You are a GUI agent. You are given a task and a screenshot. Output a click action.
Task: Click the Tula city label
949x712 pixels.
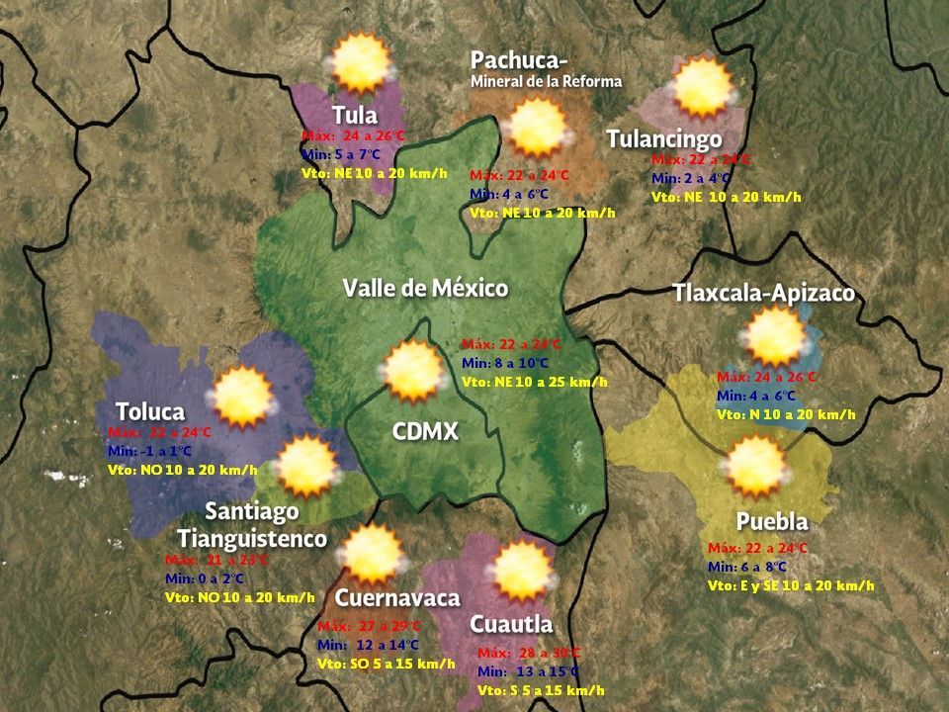pyautogui.click(x=354, y=114)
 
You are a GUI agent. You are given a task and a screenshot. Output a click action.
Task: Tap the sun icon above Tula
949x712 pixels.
pyautogui.click(x=361, y=63)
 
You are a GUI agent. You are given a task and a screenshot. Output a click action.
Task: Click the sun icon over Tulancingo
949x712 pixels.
pyautogui.click(x=703, y=88)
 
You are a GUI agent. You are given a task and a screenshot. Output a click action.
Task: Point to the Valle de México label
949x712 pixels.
pyautogui.click(x=425, y=288)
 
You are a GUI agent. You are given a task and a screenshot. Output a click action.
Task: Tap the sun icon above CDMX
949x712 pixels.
pyautogui.click(x=411, y=370)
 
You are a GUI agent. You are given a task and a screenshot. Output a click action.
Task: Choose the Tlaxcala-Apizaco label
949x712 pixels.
pyautogui.click(x=762, y=293)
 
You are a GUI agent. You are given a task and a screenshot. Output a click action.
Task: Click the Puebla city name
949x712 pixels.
pyautogui.click(x=772, y=521)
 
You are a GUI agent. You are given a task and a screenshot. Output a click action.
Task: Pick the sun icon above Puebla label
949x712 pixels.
pyautogui.click(x=756, y=466)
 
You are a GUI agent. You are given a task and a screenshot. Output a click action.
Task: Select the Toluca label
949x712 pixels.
pyautogui.click(x=149, y=410)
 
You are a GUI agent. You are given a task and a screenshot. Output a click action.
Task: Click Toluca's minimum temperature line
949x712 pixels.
pyautogui.click(x=149, y=451)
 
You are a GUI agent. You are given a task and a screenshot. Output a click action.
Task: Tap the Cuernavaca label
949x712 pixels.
pyautogui.click(x=397, y=598)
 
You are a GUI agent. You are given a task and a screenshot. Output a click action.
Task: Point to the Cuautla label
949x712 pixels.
pyautogui.click(x=510, y=624)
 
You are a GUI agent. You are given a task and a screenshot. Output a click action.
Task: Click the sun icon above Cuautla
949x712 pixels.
pyautogui.click(x=521, y=572)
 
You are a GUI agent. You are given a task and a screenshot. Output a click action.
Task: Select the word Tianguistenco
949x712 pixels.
pyautogui.click(x=252, y=538)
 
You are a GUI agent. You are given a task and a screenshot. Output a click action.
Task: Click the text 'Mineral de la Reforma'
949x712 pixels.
pyautogui.click(x=546, y=82)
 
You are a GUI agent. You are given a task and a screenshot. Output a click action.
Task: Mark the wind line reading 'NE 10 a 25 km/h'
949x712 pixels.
pyautogui.click(x=534, y=381)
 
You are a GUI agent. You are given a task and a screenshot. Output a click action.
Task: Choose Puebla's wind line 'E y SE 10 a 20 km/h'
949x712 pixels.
pyautogui.click(x=791, y=585)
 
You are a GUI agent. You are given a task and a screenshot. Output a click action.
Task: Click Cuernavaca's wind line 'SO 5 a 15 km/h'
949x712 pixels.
pyautogui.click(x=386, y=664)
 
